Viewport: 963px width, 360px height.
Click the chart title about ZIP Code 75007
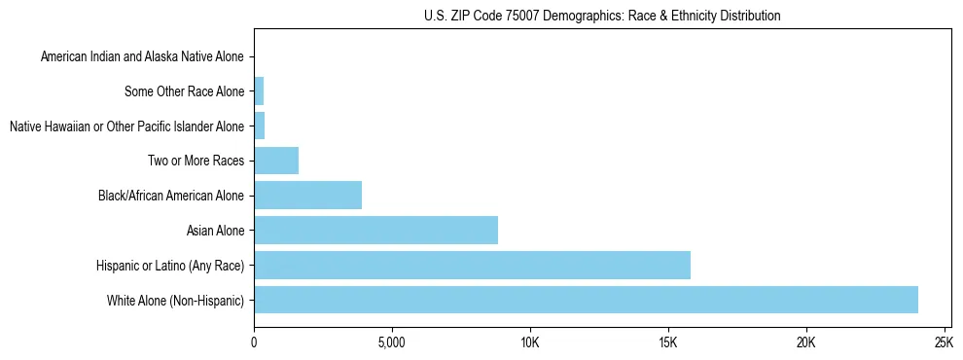[x=602, y=16]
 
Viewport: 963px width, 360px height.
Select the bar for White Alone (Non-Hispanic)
[x=586, y=300]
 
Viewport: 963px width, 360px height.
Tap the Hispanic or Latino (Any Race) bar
[x=472, y=265]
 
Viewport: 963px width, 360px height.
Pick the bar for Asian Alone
[x=375, y=231]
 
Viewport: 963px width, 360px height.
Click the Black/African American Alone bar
[x=307, y=196]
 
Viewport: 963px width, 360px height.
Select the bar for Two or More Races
[x=276, y=161]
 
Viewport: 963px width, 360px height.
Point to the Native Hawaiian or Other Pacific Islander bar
[x=259, y=126]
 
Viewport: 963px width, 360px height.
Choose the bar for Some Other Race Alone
[x=259, y=91]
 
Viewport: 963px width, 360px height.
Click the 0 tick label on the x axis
[x=254, y=342]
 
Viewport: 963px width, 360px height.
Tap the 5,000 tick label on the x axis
[x=391, y=342]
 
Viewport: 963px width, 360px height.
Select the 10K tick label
[x=529, y=342]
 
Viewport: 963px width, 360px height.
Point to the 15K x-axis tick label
[x=667, y=342]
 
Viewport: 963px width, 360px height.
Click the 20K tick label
[x=805, y=342]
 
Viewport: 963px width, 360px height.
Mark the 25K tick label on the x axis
[x=943, y=342]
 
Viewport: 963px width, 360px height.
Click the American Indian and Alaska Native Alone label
[x=142, y=57]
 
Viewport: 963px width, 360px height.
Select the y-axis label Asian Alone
[x=215, y=231]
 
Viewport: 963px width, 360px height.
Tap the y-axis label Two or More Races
[x=196, y=162]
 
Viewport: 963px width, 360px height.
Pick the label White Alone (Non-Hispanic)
[x=175, y=301]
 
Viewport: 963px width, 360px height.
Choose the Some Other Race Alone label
[x=184, y=92]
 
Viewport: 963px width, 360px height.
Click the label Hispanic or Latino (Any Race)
[x=170, y=266]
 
